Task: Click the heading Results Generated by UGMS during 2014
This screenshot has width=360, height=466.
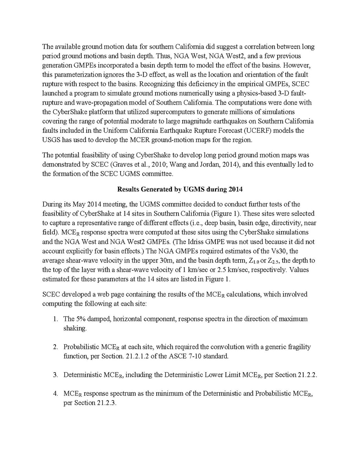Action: click(180, 190)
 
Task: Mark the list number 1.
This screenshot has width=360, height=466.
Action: click(56, 319)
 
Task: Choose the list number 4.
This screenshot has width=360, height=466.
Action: click(56, 394)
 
